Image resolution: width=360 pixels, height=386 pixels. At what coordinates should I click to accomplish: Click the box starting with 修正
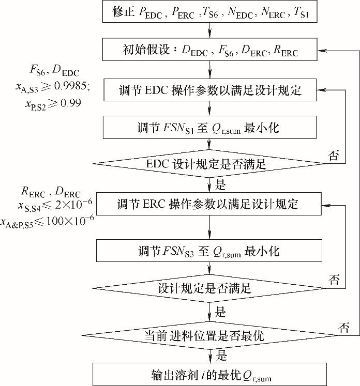[x=209, y=13]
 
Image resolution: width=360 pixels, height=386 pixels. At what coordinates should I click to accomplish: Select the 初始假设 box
[x=209, y=51]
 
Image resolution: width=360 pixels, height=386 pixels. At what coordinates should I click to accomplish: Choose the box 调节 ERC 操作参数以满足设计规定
[x=209, y=204]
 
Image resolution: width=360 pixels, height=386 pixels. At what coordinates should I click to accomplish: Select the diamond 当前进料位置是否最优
[x=209, y=335]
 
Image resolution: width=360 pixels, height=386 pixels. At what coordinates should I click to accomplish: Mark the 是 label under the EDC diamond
[x=220, y=183]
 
